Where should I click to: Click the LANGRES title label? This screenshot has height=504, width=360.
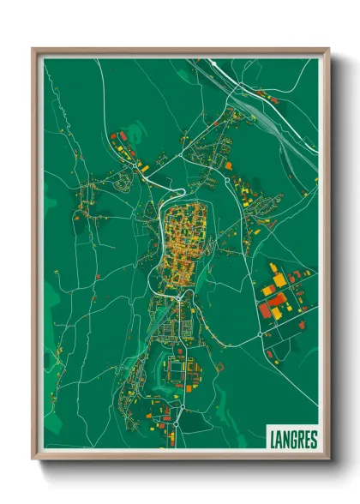pyautogui.click(x=292, y=439)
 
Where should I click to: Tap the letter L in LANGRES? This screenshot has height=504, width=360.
pyautogui.click(x=273, y=439)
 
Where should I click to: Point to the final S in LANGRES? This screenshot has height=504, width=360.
pyautogui.click(x=313, y=439)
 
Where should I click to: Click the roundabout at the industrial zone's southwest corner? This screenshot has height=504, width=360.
pyautogui.click(x=260, y=333)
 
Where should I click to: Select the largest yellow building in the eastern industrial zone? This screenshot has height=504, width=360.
pyautogui.click(x=279, y=280)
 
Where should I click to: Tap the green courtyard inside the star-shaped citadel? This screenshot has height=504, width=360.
pyautogui.click(x=177, y=371)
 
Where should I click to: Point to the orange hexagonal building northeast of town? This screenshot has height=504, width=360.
pyautogui.click(x=229, y=165)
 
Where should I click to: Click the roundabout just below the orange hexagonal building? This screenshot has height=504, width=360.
pyautogui.click(x=228, y=180)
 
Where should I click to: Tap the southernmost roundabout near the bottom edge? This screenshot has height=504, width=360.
pyautogui.click(x=177, y=423)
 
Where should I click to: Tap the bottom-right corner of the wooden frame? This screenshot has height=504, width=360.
pyautogui.click(x=328, y=459)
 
